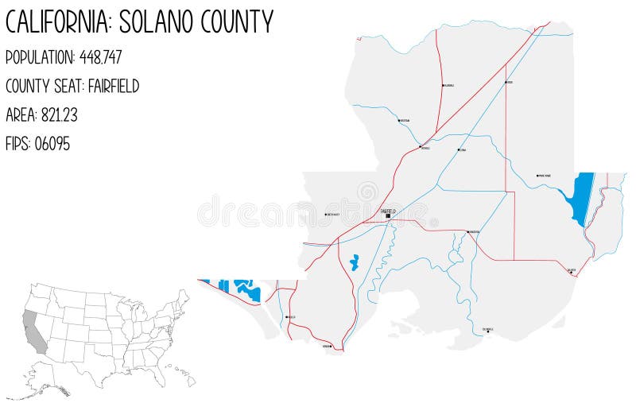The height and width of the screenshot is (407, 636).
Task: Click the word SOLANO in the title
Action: point(160,21)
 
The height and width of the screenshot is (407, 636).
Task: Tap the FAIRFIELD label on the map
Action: point(389,210)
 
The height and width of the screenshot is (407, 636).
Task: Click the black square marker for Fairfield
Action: point(388,216)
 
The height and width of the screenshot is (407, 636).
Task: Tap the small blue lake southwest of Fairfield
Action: point(354,262)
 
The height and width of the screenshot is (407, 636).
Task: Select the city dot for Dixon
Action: point(506,82)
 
